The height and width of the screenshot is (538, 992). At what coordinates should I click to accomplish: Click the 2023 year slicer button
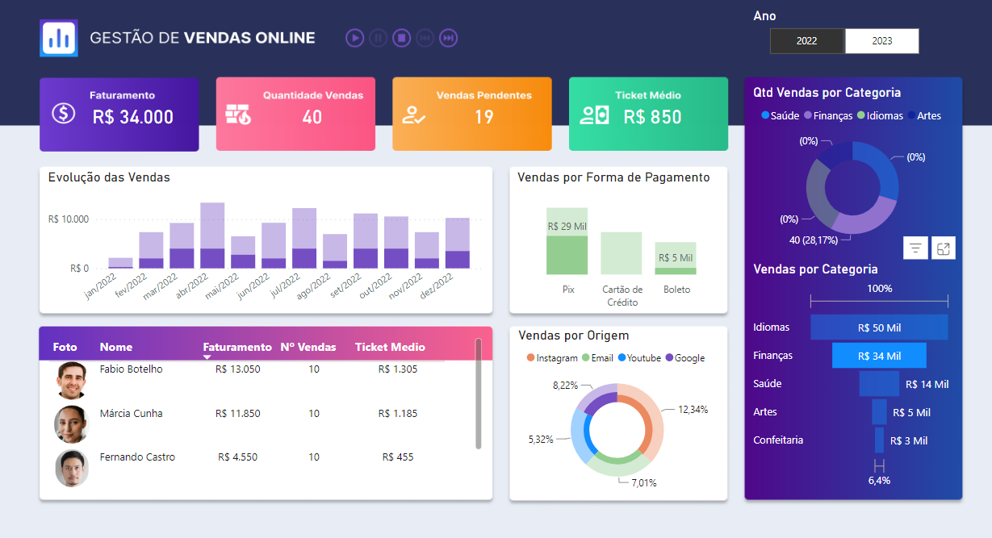[881, 41]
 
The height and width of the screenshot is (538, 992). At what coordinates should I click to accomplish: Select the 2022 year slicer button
[806, 41]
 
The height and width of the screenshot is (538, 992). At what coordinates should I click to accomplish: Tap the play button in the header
[354, 38]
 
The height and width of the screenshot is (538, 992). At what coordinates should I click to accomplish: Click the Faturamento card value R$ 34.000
[132, 117]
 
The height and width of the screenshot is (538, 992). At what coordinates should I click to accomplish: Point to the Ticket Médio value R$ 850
[652, 117]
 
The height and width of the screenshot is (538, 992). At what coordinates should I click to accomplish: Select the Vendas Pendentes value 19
[483, 117]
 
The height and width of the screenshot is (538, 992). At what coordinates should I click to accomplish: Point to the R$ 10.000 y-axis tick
[69, 219]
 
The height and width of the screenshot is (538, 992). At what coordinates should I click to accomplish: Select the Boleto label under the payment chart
[676, 290]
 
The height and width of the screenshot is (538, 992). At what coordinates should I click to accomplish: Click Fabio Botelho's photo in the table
[71, 380]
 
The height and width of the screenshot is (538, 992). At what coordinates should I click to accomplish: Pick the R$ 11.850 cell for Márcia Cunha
[237, 414]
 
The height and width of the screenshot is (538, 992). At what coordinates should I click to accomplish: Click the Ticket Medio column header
[390, 348]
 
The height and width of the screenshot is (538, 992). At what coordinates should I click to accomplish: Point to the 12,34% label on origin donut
[693, 410]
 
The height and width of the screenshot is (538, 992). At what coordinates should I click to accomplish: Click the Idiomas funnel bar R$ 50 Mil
[879, 327]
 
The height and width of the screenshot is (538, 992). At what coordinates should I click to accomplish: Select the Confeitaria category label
[778, 440]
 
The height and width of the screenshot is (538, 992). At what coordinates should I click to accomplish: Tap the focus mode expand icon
[943, 248]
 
